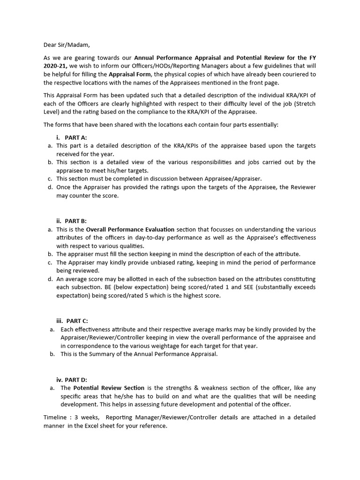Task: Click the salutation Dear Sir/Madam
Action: [x=66, y=45]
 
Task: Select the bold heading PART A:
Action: [x=75, y=137]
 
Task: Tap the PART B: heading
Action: [x=75, y=221]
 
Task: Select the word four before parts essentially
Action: [x=212, y=125]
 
